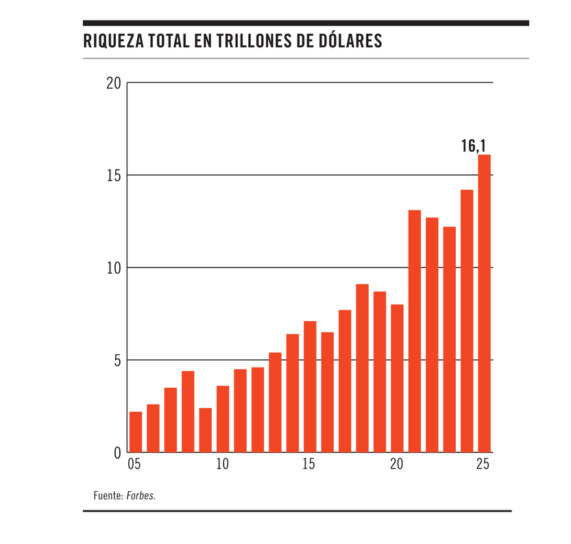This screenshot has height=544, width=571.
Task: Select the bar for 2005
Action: pyautogui.click(x=136, y=432)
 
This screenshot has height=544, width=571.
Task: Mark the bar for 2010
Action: pyautogui.click(x=223, y=419)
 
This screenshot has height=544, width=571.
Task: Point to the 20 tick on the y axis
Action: pyautogui.click(x=114, y=83)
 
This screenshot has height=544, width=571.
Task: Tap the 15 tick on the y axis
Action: pyautogui.click(x=114, y=176)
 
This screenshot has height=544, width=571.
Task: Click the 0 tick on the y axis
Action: pyautogui.click(x=117, y=453)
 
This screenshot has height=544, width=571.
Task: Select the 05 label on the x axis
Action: pyautogui.click(x=134, y=464)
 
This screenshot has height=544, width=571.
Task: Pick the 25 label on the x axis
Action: pyautogui.click(x=483, y=464)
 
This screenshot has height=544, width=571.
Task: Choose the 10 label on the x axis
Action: pyautogui.click(x=222, y=464)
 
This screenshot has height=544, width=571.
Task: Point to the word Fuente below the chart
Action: pyautogui.click(x=108, y=495)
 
